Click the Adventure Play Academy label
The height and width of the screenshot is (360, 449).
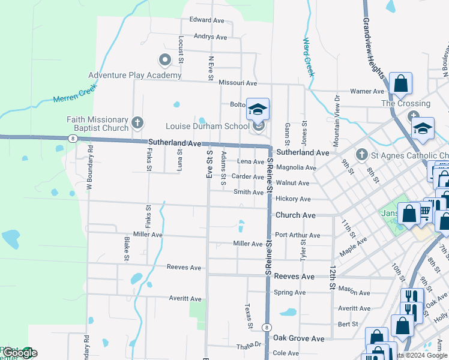point(134,75)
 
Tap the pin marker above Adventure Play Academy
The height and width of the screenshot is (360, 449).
point(164,60)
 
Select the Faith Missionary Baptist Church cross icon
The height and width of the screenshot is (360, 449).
point(137,124)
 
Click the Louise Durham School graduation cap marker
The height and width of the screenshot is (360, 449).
point(258,110)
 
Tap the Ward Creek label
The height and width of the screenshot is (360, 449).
point(309,57)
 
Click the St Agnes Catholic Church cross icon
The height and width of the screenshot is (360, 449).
point(361,155)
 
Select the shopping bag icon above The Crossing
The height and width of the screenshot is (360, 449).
point(400,84)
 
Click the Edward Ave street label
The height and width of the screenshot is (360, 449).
point(206,20)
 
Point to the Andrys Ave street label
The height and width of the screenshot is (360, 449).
point(210,37)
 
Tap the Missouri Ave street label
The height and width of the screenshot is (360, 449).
point(238,83)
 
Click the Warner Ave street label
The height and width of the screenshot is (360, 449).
point(367,92)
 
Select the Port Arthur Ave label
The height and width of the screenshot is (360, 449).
point(297,235)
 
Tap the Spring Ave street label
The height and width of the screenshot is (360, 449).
point(289,293)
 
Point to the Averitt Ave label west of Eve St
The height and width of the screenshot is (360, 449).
point(185,299)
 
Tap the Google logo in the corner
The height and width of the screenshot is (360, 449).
point(19,353)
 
